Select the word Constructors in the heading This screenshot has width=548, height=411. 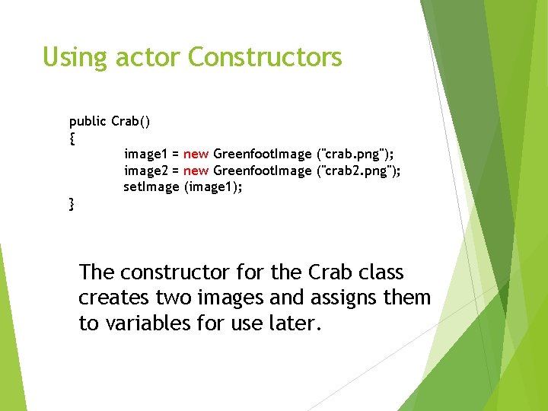click(265, 57)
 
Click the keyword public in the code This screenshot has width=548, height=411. click(88, 122)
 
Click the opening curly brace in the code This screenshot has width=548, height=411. click(72, 138)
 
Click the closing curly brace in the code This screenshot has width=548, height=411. click(72, 203)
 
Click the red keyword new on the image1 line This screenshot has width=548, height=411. click(196, 155)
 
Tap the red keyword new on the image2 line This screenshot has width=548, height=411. click(196, 170)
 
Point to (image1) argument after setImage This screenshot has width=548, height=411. click(213, 186)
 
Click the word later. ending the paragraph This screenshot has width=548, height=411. click(297, 323)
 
